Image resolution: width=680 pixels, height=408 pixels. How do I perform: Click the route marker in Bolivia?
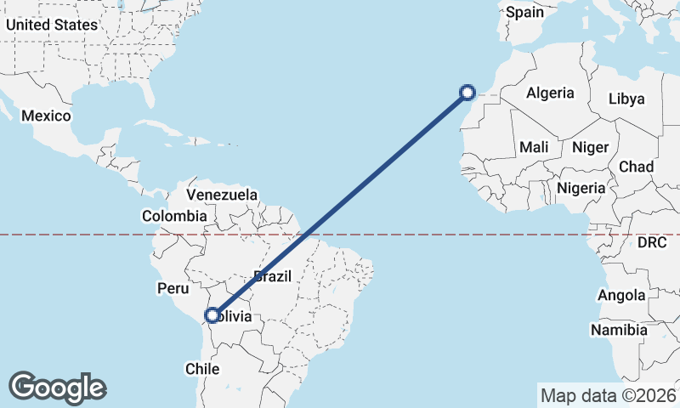pyautogui.click(x=212, y=316)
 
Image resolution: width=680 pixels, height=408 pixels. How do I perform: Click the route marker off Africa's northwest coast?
pyautogui.click(x=467, y=92)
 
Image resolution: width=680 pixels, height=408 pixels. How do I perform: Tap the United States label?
pyautogui.click(x=52, y=25)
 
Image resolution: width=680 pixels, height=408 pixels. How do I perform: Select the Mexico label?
pyautogui.click(x=46, y=116)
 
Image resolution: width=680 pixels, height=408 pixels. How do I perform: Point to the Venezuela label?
pyautogui.click(x=222, y=195)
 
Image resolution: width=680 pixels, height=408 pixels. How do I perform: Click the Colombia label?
pyautogui.click(x=174, y=217)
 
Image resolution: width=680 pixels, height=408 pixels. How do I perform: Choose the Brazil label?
pyautogui.click(x=273, y=276)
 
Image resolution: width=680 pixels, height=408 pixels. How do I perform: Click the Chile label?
pyautogui.click(x=202, y=369)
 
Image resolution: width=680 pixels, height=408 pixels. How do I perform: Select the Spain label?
pyautogui.click(x=524, y=13)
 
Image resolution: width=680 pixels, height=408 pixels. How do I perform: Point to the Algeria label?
pyautogui.click(x=550, y=93)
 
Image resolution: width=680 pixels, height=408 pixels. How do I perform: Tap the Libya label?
pyautogui.click(x=626, y=99)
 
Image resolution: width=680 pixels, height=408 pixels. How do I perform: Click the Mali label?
pyautogui.click(x=534, y=147)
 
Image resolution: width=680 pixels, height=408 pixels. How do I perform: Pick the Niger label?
pyautogui.click(x=590, y=147)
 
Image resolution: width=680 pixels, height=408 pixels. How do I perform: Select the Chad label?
pyautogui.click(x=636, y=167)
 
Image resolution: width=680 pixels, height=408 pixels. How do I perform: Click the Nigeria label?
pyautogui.click(x=581, y=188)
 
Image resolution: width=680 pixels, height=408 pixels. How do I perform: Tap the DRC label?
pyautogui.click(x=654, y=243)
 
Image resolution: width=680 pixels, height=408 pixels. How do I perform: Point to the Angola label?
pyautogui.click(x=621, y=296)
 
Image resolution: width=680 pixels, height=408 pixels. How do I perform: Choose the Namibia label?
pyautogui.click(x=619, y=330)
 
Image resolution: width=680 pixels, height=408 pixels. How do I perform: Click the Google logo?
pyautogui.click(x=58, y=388)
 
